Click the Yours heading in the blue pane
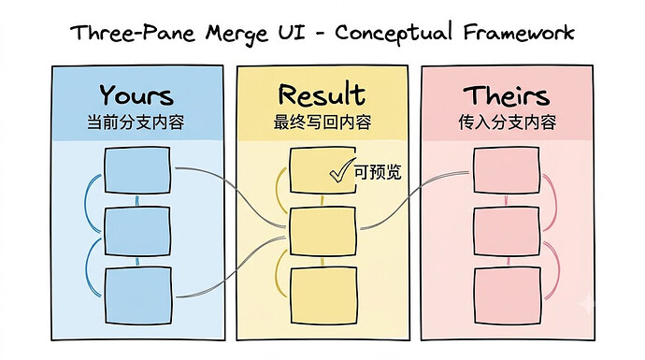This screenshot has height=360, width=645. (136, 95)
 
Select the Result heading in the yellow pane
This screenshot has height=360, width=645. (322, 94)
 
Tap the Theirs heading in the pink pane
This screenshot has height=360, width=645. (507, 95)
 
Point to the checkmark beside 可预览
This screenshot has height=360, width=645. (342, 170)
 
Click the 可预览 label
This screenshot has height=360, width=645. (378, 172)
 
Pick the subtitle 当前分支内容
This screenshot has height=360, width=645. (136, 122)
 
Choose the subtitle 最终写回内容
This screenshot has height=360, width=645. (322, 122)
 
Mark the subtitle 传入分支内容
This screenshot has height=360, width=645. (508, 122)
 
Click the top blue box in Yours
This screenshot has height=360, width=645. (137, 170)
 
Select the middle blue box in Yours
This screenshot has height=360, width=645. (137, 231)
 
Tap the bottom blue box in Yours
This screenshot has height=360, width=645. (137, 295)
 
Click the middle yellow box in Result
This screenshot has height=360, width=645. (322, 231)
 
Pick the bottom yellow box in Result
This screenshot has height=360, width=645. (323, 295)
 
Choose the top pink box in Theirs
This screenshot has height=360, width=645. (507, 170)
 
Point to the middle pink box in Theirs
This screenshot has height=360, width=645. (507, 231)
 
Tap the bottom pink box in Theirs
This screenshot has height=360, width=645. (508, 295)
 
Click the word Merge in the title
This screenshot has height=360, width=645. (236, 34)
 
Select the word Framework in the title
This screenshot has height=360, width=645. (519, 32)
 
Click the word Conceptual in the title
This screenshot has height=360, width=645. (394, 34)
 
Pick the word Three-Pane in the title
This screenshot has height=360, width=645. (132, 33)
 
